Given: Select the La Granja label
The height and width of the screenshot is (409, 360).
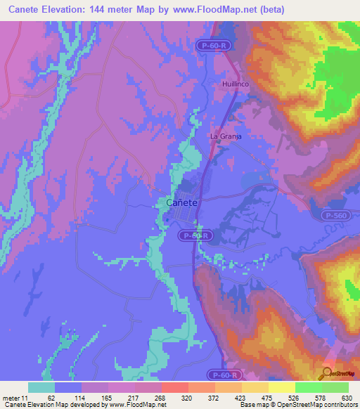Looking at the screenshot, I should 226,136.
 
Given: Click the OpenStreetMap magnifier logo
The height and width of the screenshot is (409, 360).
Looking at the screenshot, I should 328,372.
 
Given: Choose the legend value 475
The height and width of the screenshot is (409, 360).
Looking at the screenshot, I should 266,397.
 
